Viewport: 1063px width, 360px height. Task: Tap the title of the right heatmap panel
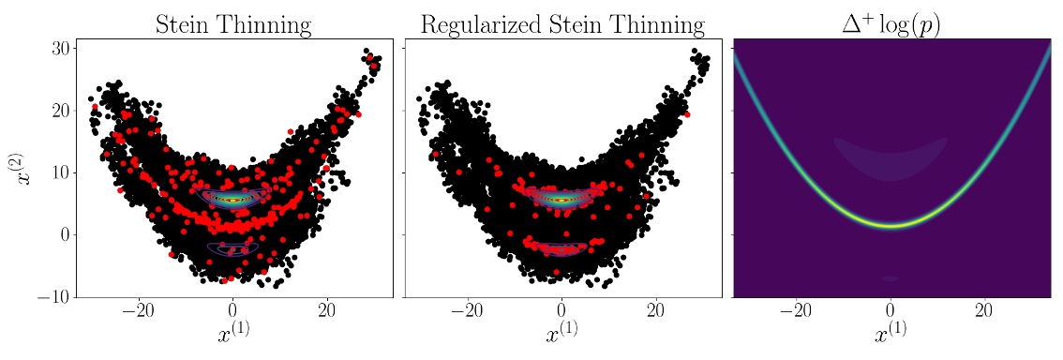tap(891, 22)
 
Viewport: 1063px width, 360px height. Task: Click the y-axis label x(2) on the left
tap(27, 169)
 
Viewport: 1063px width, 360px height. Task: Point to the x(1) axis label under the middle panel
tap(561, 335)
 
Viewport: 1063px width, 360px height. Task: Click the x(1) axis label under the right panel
tap(891, 335)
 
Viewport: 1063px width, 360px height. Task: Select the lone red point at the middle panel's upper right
tap(686, 113)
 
